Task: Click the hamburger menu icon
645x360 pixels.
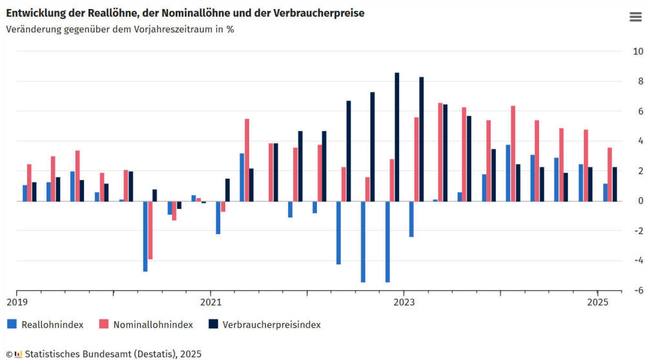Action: (635, 17)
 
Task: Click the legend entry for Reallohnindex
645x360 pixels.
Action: (52, 325)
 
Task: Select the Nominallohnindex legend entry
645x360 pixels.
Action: (153, 325)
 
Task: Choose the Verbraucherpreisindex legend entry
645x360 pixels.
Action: (271, 325)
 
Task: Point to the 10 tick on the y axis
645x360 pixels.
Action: (637, 52)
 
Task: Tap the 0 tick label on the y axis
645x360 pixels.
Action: (639, 201)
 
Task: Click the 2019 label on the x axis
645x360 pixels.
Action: (17, 302)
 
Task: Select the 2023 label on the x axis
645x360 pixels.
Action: (404, 302)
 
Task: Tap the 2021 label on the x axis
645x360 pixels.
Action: (210, 302)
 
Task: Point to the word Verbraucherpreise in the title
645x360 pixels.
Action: (320, 13)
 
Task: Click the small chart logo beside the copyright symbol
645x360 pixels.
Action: (18, 354)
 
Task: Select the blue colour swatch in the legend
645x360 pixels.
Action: (12, 325)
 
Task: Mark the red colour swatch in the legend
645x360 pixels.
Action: (103, 325)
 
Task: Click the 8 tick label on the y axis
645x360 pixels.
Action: (639, 81)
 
